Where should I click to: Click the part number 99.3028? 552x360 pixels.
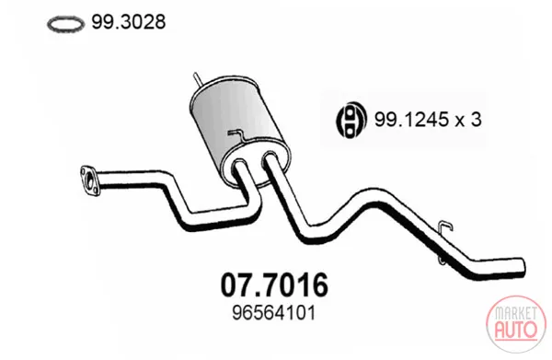[129, 22]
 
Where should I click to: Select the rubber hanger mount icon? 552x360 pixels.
[351, 120]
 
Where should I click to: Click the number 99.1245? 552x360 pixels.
[411, 120]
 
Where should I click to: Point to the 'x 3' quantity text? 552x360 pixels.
[468, 120]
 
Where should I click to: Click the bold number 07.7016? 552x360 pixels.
[274, 285]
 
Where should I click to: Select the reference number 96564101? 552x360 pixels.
[273, 313]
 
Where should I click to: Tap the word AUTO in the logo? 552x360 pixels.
[516, 329]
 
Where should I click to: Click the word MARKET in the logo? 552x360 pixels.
[516, 313]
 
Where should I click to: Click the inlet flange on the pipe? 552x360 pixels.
[89, 180]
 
